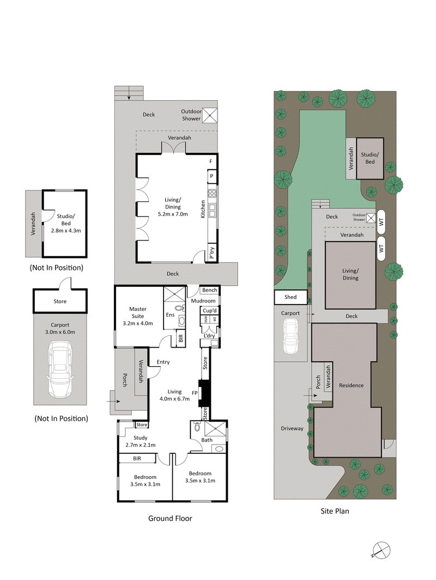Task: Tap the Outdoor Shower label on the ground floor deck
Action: point(191,115)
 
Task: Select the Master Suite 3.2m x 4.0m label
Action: point(138,316)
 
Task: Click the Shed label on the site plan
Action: point(290,298)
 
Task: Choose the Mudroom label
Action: point(203,300)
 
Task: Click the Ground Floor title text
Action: point(170,519)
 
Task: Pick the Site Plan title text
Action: point(334,511)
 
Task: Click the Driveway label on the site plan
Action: point(292,429)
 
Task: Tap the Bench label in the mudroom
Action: point(209,291)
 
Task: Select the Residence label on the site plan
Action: point(351,385)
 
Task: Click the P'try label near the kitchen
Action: point(211,252)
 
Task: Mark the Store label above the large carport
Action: point(60,301)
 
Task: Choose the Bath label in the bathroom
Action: point(207,440)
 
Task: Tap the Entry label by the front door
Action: point(163,362)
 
